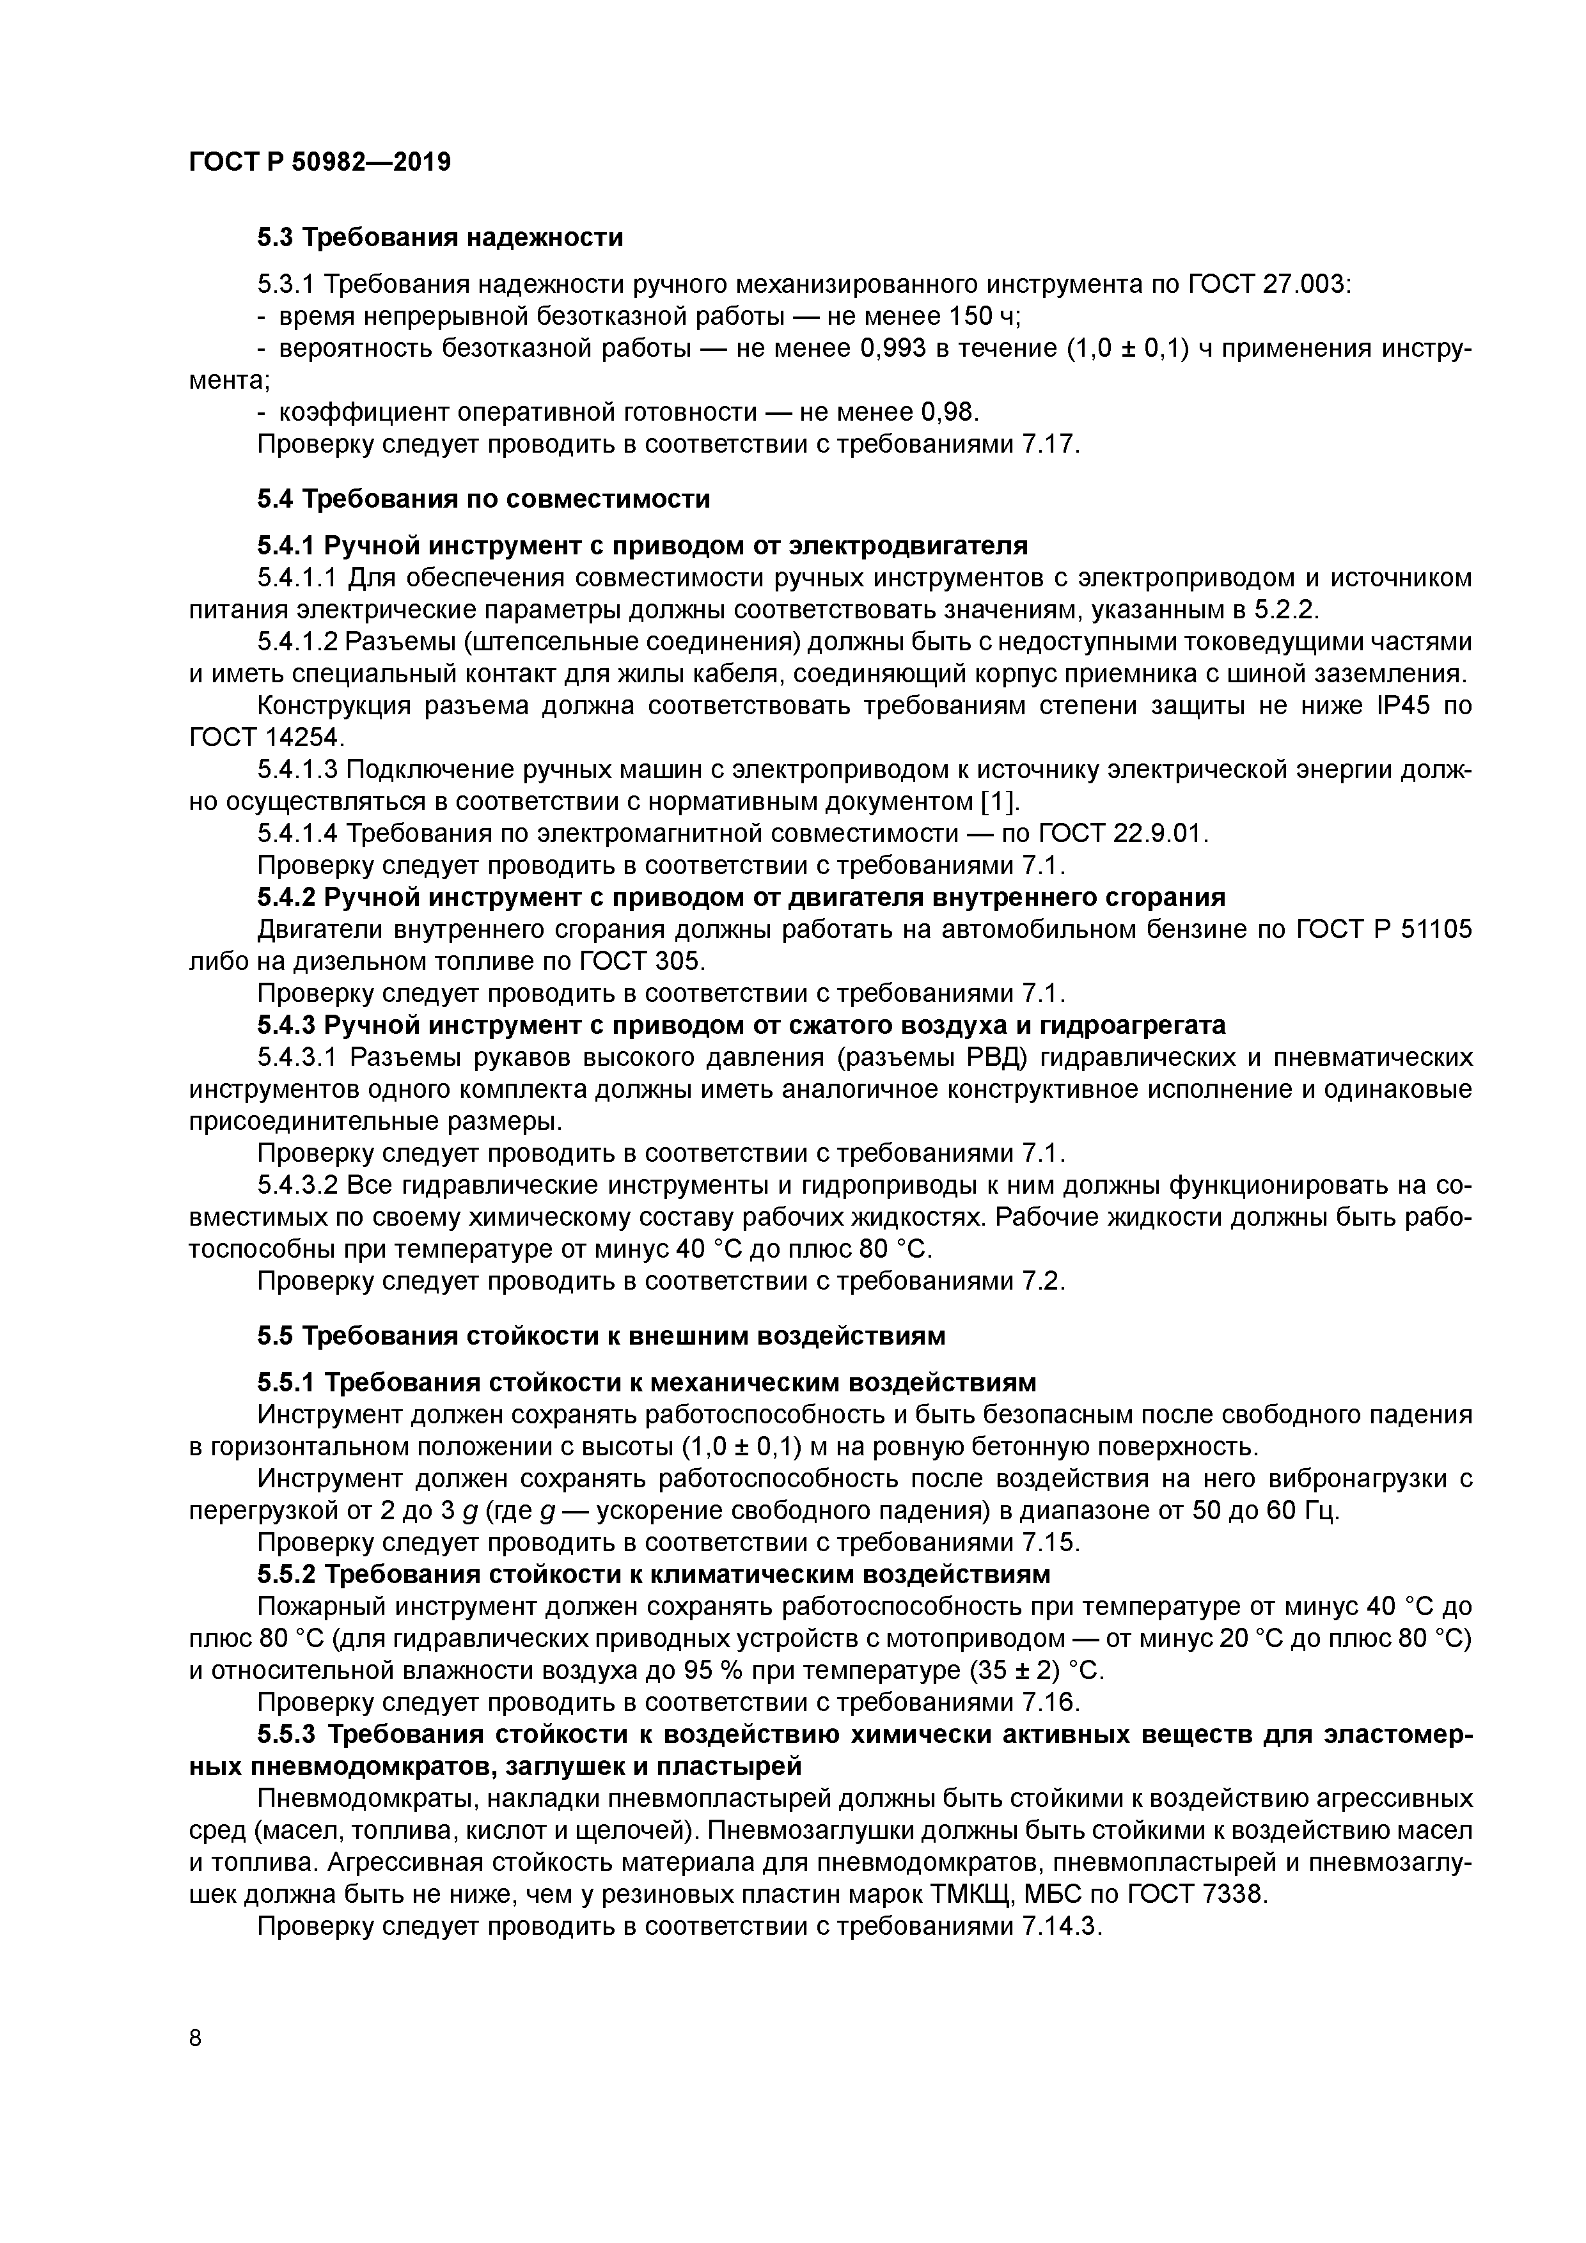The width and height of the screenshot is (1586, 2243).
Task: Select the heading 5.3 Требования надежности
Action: click(440, 237)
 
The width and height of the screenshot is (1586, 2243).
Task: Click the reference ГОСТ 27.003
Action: click(1268, 285)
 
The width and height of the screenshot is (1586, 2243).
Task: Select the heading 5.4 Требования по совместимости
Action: click(483, 499)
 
